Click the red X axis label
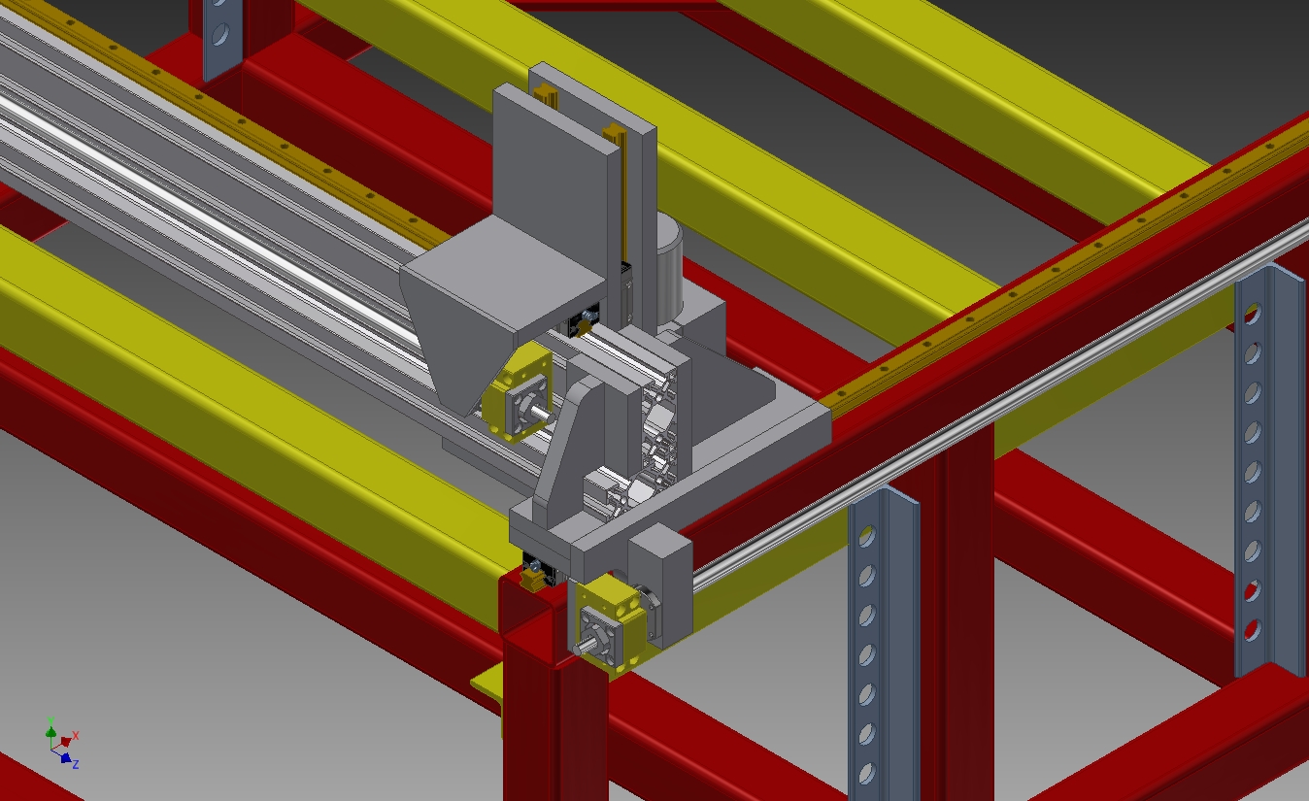[76, 736]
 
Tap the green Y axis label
[50, 720]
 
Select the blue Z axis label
[76, 764]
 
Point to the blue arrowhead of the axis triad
[66, 758]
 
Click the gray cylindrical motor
[668, 264]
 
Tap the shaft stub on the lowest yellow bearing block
[585, 647]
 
